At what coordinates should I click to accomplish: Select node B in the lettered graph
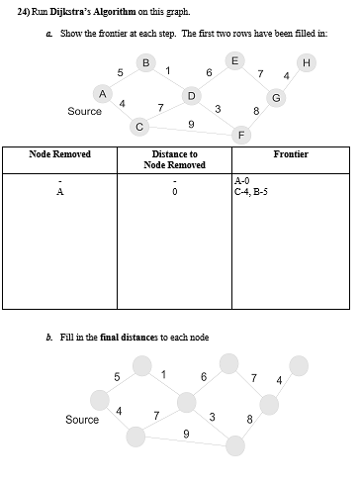coord(146,63)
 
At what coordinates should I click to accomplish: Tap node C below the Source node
coord(139,127)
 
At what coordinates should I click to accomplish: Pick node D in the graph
coord(190,95)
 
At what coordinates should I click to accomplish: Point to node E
coord(232,60)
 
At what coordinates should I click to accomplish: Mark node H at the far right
coord(306,63)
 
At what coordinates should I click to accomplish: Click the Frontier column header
coord(291,154)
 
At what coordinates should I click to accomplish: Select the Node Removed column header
coord(60,154)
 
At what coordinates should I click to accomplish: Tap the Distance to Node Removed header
coord(174,159)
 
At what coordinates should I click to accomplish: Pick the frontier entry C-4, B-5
coord(251,192)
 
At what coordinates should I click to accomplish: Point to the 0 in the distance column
coord(174,192)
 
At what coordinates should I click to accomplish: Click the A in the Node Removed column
coord(60,192)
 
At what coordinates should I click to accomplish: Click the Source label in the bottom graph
coord(82,420)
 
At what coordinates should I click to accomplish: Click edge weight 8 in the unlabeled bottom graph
coord(249,420)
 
